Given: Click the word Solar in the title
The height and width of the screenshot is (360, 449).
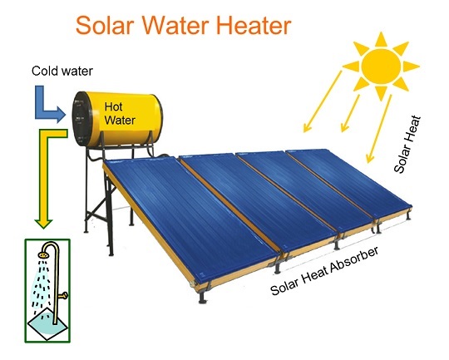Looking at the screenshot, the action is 105,25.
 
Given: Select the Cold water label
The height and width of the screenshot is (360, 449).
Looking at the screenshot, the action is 62,71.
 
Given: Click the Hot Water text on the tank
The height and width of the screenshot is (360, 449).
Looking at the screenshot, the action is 120,113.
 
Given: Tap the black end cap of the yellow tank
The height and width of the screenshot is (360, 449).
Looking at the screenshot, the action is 81,119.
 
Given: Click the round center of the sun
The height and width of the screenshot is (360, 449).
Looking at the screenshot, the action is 381,67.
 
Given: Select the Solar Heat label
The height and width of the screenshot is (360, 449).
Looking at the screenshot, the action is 407,144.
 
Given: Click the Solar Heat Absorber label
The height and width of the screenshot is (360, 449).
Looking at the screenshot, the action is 324,271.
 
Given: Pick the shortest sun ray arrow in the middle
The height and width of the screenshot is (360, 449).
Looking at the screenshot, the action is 350,113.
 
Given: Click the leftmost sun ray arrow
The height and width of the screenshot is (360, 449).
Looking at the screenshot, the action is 323,101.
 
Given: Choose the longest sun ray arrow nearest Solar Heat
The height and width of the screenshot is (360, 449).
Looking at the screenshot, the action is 379,129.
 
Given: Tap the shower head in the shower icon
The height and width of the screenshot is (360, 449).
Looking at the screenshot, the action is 42,255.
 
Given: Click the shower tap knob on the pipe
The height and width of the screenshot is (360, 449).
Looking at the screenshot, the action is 64,295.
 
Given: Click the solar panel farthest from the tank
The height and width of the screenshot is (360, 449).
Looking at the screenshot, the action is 351,181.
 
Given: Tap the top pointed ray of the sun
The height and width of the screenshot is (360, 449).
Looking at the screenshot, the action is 381,39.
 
